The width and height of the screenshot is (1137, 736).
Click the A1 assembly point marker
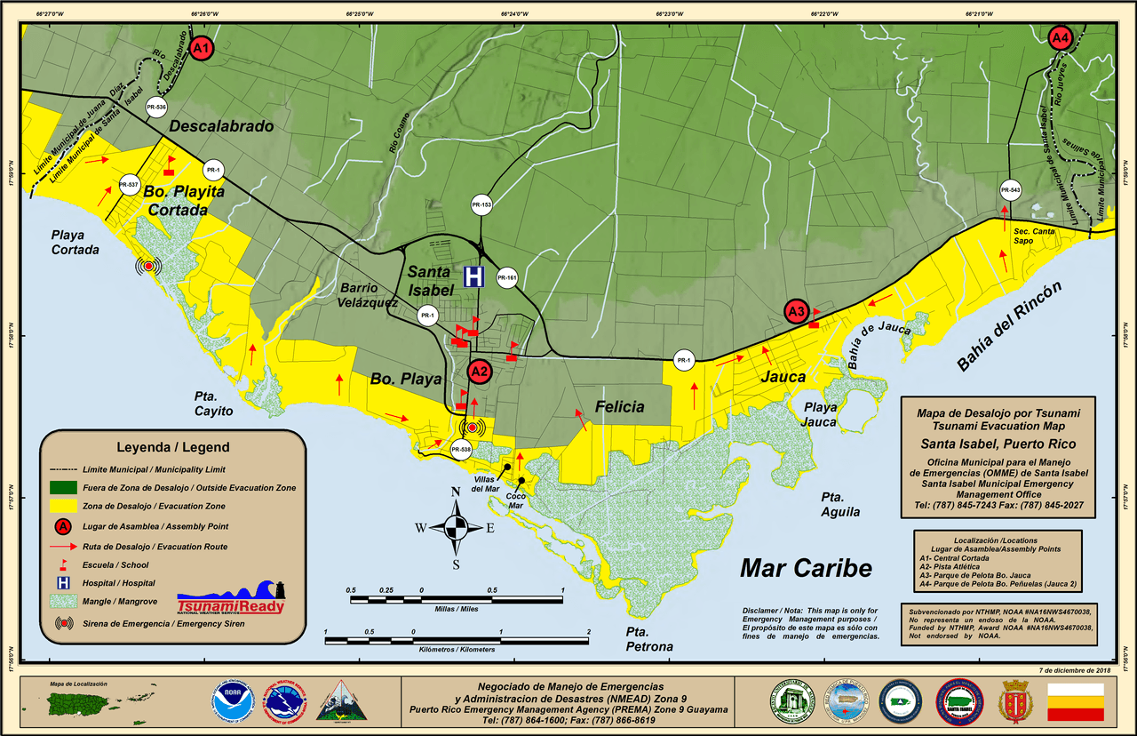point(201,47)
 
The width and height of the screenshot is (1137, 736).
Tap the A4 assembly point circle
point(1061,37)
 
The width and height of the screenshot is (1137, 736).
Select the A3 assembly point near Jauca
point(797,311)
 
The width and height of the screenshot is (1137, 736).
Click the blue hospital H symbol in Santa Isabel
point(474,276)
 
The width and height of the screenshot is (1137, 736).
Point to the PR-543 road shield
point(1010,189)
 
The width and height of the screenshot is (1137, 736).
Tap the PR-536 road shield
point(156,108)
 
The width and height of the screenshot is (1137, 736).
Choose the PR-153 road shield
point(481,204)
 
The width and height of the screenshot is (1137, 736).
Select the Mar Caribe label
point(806,567)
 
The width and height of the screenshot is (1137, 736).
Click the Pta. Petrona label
point(648,639)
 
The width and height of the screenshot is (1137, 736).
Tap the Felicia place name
point(619,406)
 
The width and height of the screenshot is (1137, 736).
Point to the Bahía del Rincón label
point(1009,327)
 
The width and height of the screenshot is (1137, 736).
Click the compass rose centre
point(456,526)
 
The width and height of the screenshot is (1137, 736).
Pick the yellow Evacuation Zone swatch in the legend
point(62,506)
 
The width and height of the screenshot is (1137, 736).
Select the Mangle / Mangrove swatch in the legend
point(62,603)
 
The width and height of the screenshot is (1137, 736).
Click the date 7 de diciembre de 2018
point(1076,670)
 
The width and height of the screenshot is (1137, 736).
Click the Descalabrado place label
point(221,126)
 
